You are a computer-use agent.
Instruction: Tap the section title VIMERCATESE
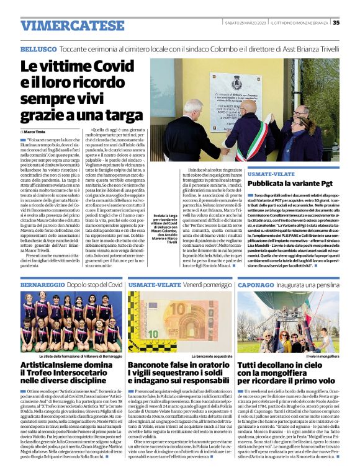63,25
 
